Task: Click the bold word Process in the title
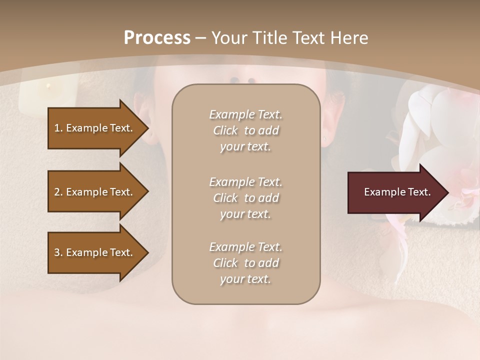pos(157,37)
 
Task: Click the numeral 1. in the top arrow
pos(58,128)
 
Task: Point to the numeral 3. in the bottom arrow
pos(58,252)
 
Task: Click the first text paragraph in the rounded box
pos(245,130)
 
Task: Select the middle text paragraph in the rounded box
pos(245,197)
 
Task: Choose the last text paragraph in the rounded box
pos(245,263)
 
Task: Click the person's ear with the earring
pos(332,122)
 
